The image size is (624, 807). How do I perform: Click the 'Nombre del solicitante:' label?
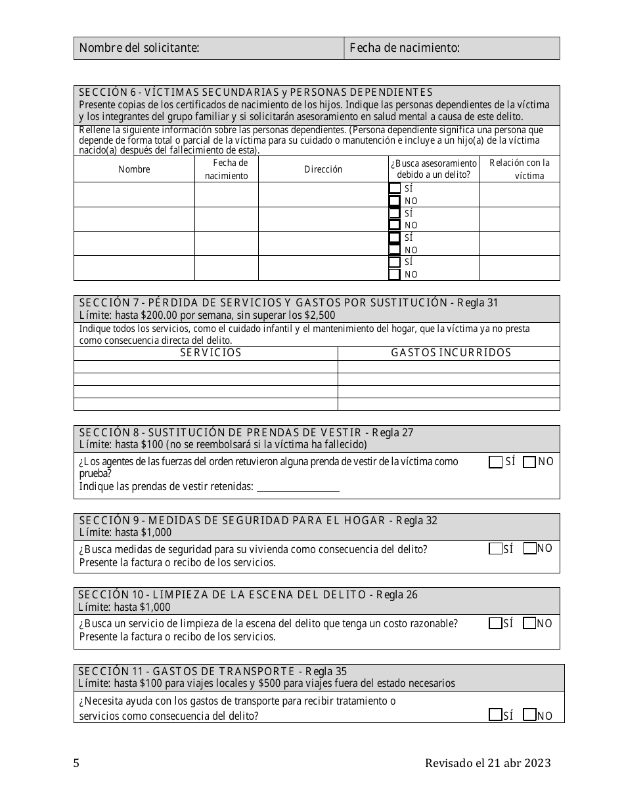click(139, 48)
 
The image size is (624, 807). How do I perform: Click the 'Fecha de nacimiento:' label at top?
click(404, 48)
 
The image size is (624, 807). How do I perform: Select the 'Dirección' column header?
click(323, 169)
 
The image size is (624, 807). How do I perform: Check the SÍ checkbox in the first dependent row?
click(394, 188)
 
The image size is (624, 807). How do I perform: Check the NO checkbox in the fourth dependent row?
click(394, 274)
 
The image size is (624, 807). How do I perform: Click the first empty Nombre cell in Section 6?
click(134, 194)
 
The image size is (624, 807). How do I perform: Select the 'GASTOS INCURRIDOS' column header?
click(451, 353)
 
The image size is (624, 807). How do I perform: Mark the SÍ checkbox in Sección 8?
click(495, 462)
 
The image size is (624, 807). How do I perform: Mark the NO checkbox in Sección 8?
click(529, 462)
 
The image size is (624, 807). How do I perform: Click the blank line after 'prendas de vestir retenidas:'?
click(298, 487)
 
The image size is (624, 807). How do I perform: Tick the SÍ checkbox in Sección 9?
click(495, 549)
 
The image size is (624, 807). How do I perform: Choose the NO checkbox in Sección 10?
click(529, 623)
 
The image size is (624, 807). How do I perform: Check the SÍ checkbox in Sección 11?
click(495, 716)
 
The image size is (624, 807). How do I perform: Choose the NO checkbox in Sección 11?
click(529, 716)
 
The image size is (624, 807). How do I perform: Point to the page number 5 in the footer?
click(77, 763)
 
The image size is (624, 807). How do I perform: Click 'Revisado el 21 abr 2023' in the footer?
click(487, 763)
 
